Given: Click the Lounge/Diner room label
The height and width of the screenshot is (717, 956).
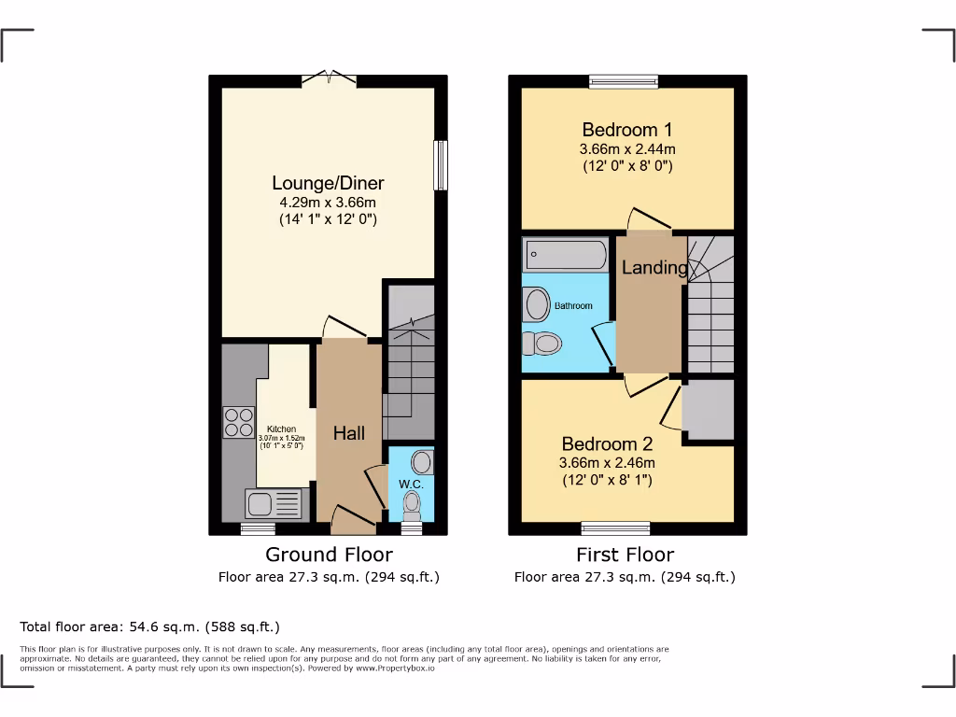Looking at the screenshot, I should click(328, 183).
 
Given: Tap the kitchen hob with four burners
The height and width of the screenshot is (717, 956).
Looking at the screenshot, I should click(239, 423).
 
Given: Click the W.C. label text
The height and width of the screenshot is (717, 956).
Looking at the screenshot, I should click(412, 485).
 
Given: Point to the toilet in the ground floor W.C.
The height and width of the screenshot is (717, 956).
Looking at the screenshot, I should click(412, 505).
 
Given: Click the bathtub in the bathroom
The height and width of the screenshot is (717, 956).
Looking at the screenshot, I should click(567, 254).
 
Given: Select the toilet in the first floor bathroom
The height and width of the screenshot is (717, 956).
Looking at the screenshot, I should click(541, 344).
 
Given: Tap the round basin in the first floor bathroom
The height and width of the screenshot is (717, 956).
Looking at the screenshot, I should click(538, 304).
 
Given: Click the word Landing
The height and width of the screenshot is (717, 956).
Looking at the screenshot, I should click(654, 268).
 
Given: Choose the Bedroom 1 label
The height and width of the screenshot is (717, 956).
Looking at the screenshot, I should click(626, 130).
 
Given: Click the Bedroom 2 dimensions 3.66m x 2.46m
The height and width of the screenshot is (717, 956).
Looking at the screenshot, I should click(607, 462).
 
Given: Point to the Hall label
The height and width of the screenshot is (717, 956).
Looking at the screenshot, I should click(349, 433).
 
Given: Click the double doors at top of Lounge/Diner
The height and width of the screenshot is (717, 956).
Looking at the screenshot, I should click(329, 78).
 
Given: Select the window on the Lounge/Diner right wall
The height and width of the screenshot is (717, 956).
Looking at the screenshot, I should click(441, 166).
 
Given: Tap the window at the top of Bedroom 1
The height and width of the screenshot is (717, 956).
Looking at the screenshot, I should click(624, 81).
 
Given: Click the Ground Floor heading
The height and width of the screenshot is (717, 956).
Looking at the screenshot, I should click(329, 555).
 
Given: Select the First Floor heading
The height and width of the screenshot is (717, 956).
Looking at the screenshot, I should click(625, 555).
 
